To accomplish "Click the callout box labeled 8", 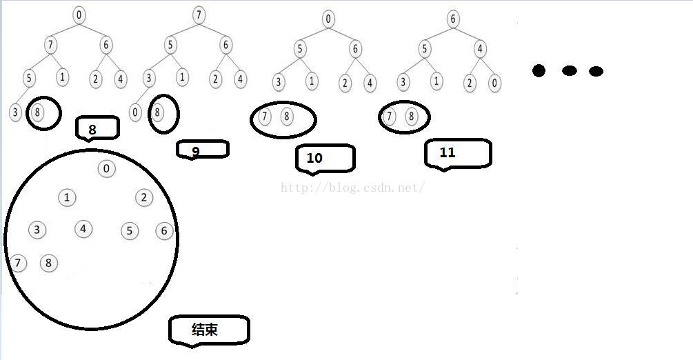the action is (97, 128).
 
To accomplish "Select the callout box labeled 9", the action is (201, 150).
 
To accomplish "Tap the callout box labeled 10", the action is (324, 158).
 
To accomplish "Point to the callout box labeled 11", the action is (457, 153).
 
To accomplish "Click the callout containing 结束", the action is (208, 330).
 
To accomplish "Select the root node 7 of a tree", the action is (199, 15).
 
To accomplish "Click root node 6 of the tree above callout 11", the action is (453, 19).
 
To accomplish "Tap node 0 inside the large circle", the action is (106, 168).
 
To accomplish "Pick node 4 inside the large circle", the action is (83, 228).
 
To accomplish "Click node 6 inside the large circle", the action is (164, 231).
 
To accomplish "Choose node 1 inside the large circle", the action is (66, 198).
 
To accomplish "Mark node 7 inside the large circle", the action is (18, 263).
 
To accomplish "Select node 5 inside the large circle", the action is (130, 231).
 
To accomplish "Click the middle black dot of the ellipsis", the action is (569, 70).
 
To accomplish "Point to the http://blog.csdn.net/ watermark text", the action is (352, 187).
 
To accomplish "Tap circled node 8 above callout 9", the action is (159, 112).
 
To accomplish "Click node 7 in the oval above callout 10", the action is (265, 117).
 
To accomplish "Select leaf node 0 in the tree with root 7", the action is (135, 112).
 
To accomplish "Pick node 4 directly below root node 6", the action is (481, 50).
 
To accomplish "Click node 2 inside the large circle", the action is (143, 198).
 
